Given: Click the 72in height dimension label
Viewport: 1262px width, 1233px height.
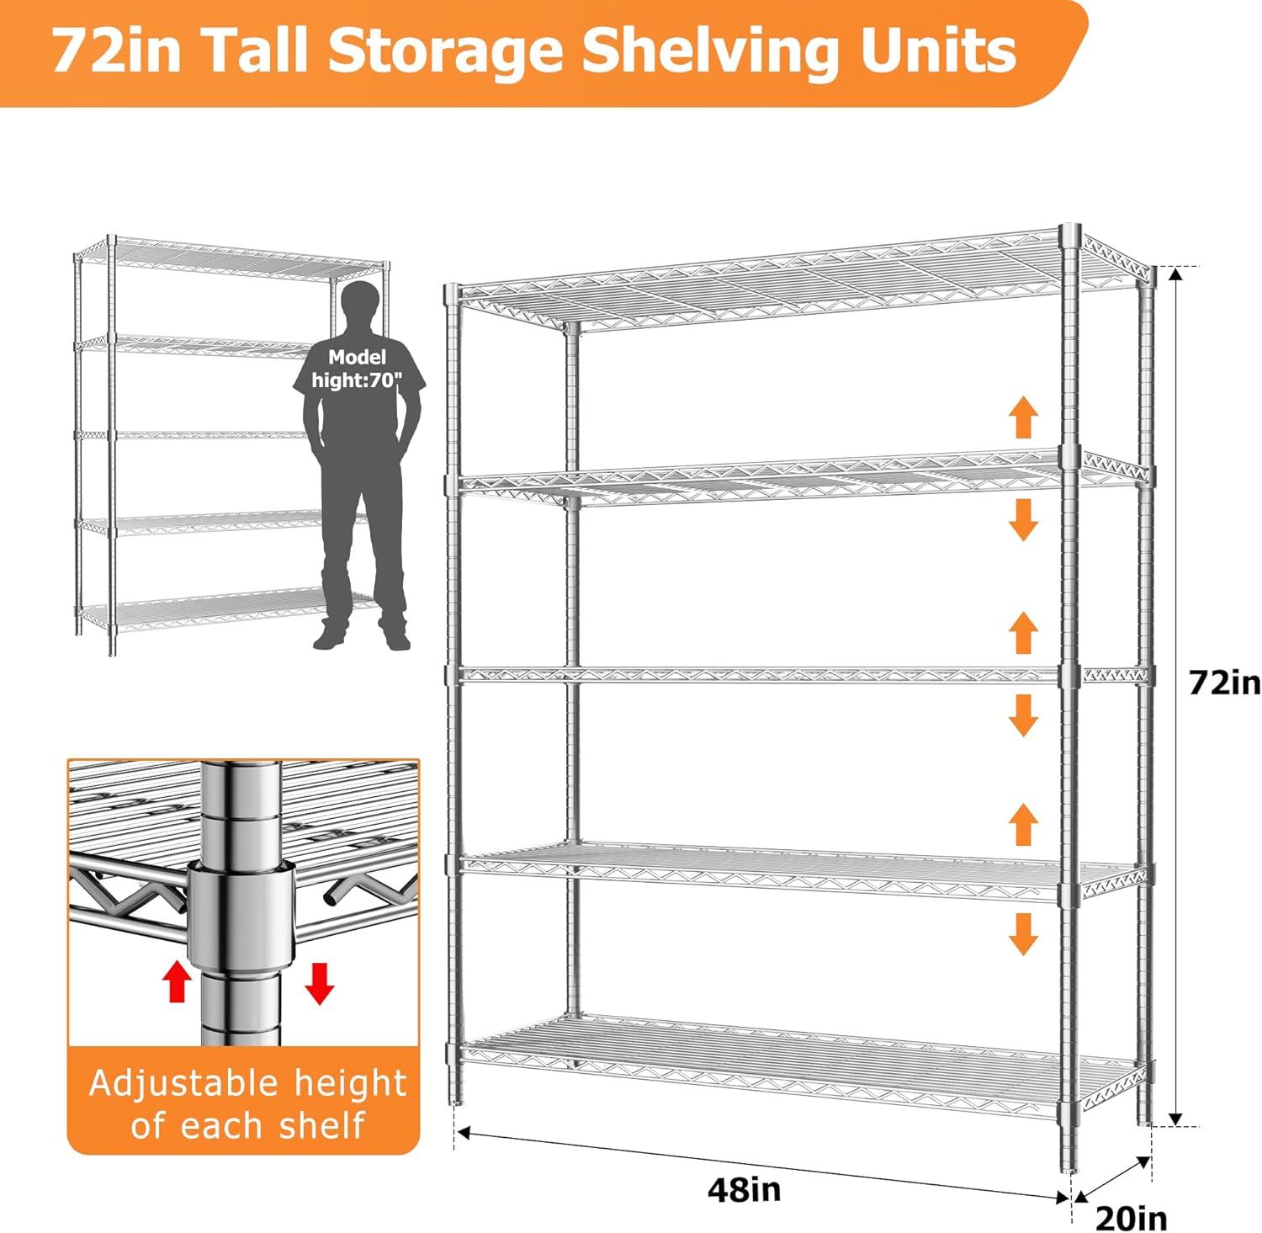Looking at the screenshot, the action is (1224, 683).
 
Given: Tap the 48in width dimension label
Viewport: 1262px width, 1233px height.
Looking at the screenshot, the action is (745, 1189).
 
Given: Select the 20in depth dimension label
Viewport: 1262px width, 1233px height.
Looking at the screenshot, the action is (1132, 1218).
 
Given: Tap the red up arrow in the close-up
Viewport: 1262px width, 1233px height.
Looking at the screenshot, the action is (177, 981).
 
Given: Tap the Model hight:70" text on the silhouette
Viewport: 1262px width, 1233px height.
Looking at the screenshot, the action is (358, 369).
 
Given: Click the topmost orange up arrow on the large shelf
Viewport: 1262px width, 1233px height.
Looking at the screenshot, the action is (1023, 418).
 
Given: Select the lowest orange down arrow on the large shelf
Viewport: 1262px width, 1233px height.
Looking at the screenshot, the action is (1023, 934).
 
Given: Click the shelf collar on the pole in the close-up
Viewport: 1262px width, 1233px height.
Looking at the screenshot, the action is (241, 917).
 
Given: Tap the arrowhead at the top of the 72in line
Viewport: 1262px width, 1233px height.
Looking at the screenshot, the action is (1177, 274).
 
